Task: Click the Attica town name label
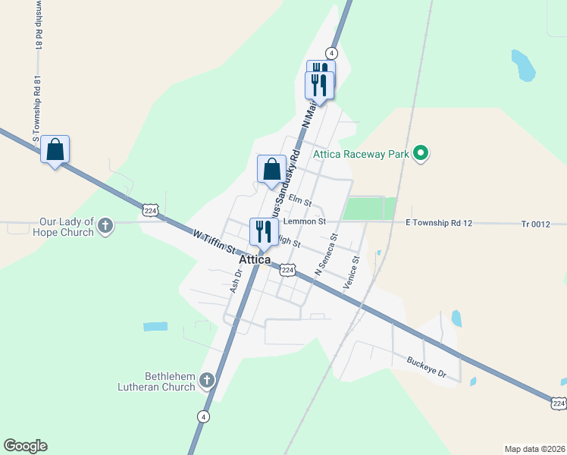(x=255, y=260)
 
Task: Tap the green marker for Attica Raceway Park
(x=421, y=155)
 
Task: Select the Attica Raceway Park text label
(x=361, y=155)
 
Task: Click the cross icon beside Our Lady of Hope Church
(x=105, y=225)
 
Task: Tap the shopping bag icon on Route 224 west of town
(x=55, y=149)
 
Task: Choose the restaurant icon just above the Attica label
(x=264, y=232)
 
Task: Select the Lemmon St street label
(x=304, y=222)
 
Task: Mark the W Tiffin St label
(x=214, y=244)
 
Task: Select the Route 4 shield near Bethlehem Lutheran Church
(x=202, y=416)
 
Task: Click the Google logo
(x=25, y=446)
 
